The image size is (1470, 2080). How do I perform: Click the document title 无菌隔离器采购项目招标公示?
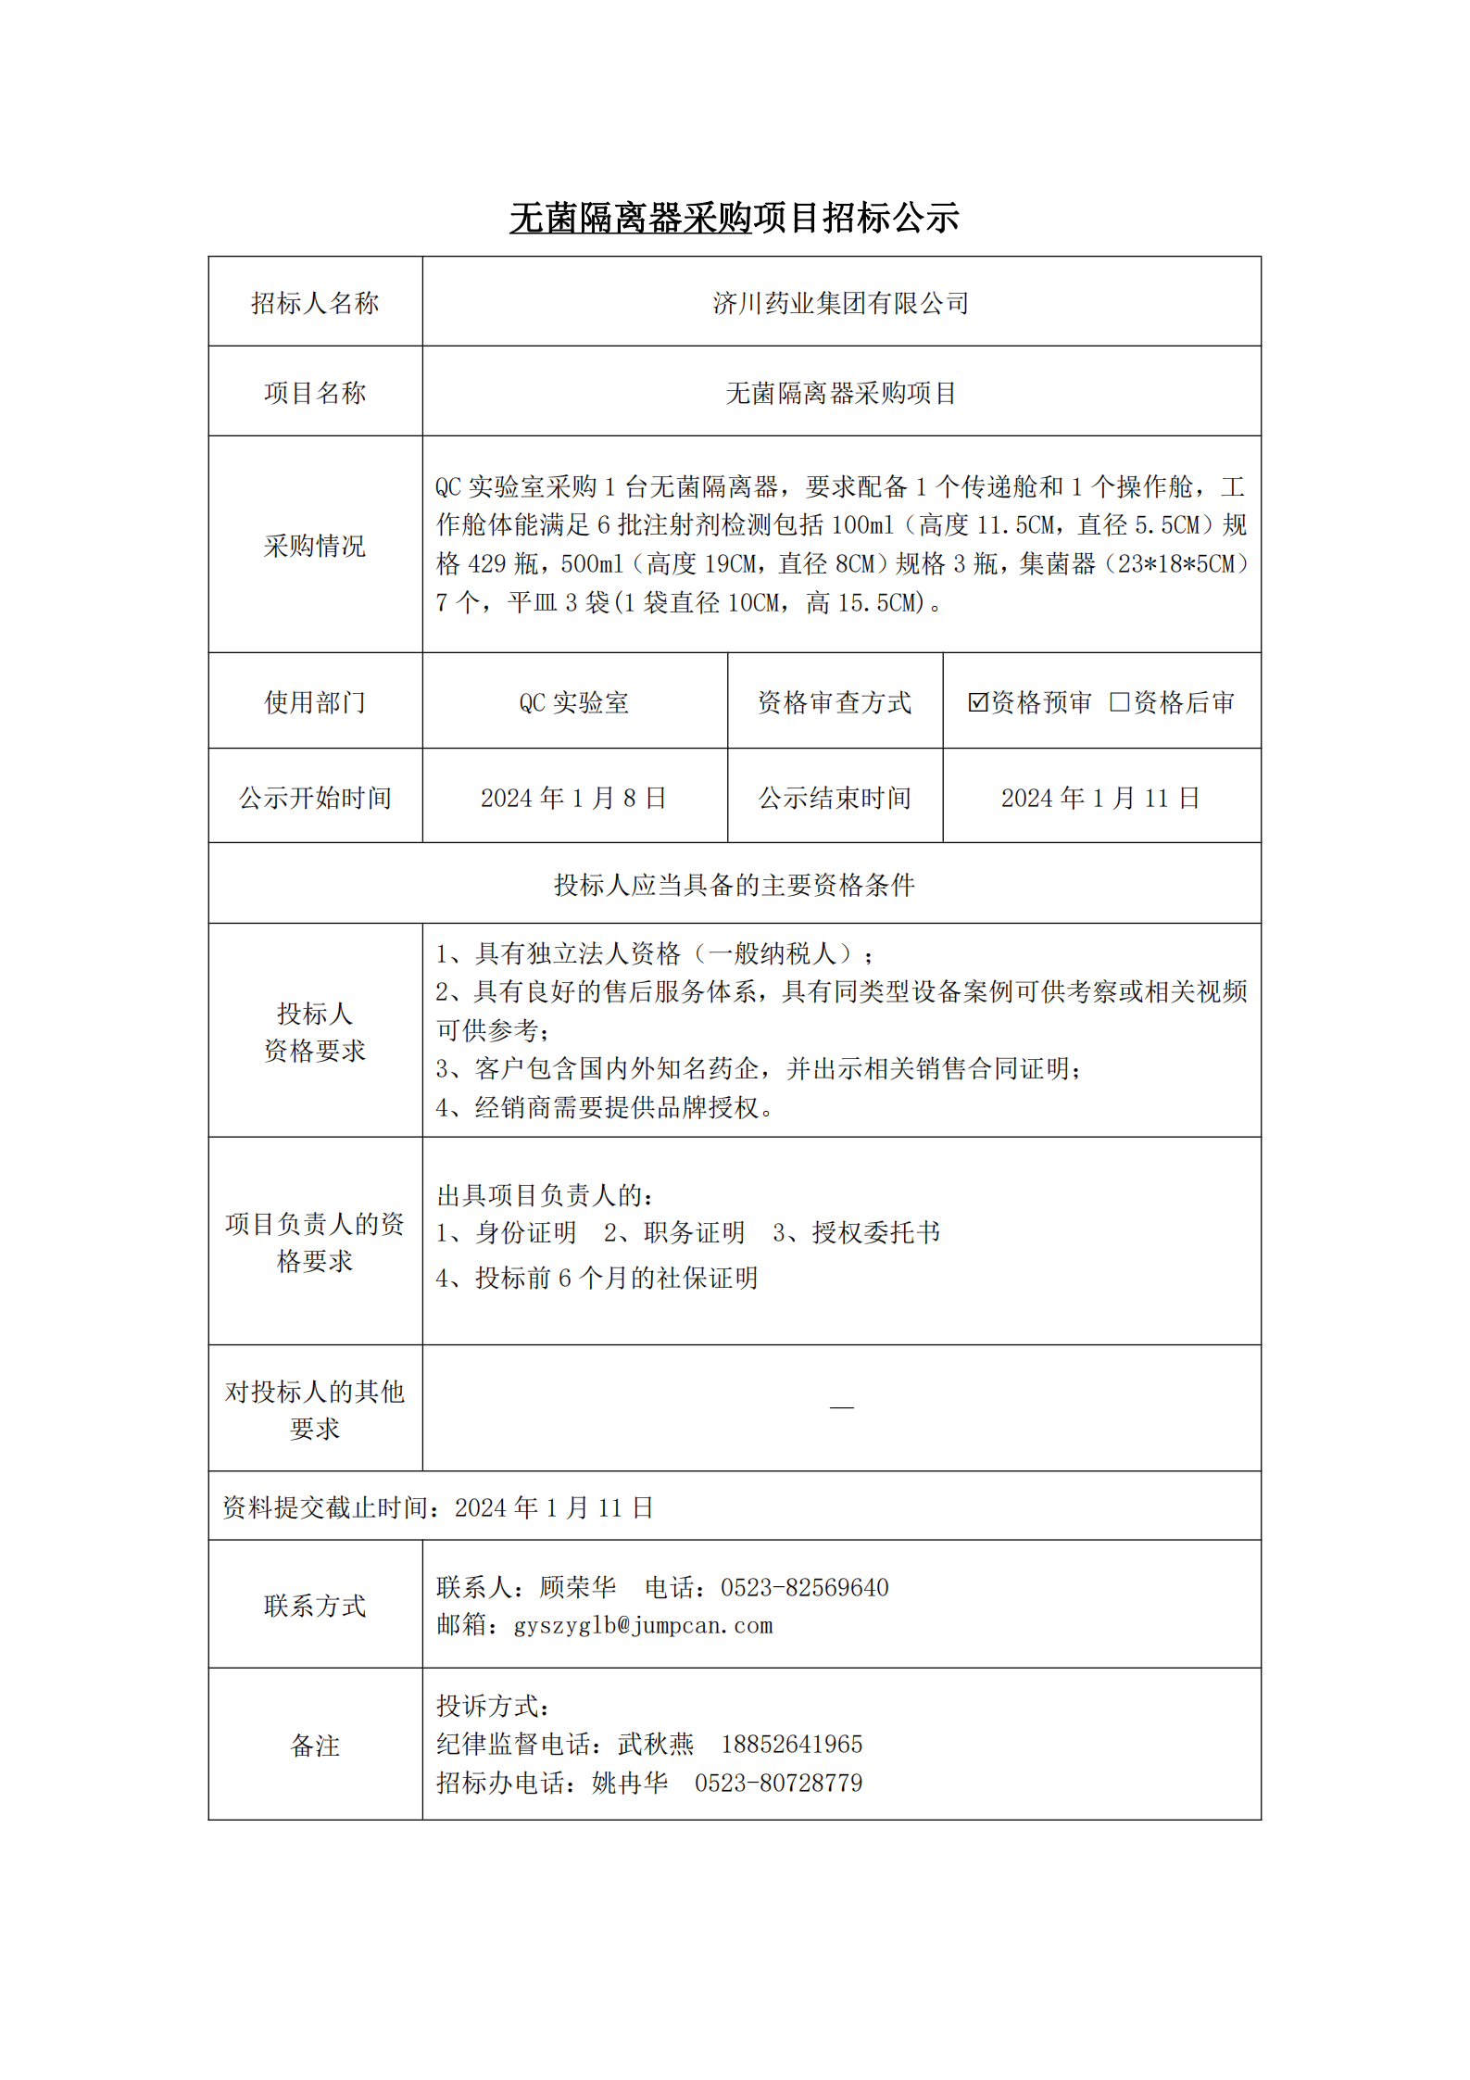tap(734, 219)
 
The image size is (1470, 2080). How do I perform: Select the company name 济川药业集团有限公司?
tap(840, 303)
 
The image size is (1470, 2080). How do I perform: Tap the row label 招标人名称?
tap(315, 303)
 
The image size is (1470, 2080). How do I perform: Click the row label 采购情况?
tap(315, 546)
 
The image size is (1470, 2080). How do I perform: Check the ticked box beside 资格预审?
tap(977, 702)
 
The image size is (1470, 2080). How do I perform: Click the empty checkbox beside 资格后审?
tap(1119, 702)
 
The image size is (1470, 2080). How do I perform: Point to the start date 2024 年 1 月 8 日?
tap(573, 798)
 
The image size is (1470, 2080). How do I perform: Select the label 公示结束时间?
tap(835, 798)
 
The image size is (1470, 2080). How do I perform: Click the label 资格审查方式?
tap(835, 702)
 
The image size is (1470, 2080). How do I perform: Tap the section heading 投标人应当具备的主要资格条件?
tap(734, 885)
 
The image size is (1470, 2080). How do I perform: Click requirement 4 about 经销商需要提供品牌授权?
tap(605, 1107)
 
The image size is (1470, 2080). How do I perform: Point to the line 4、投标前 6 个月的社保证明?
tap(597, 1278)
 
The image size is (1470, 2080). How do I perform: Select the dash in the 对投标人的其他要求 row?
tap(841, 1407)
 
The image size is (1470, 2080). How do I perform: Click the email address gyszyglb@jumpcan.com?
tap(643, 1626)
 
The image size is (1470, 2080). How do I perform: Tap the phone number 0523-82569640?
tap(804, 1588)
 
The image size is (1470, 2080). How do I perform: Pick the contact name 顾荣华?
tap(578, 1588)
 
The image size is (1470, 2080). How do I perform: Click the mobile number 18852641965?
tap(791, 1745)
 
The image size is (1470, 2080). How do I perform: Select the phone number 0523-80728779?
tap(778, 1784)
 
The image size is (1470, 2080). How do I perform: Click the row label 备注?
tap(315, 1746)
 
